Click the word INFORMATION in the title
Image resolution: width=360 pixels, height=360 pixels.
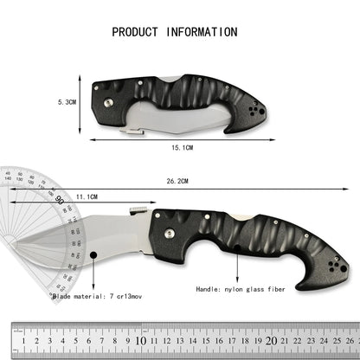[202, 32]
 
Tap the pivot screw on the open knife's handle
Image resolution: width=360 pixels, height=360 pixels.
[167, 234]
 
